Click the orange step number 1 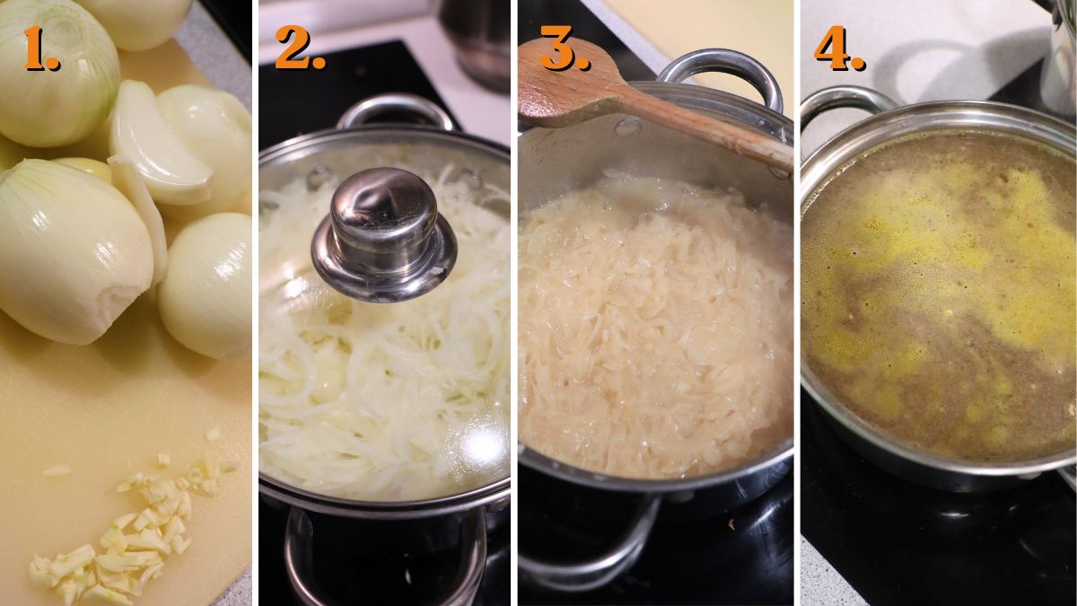40,49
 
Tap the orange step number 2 299,49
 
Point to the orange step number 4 839,51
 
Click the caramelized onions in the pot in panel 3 655,332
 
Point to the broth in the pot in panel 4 942,296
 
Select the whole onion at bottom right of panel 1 206,287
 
